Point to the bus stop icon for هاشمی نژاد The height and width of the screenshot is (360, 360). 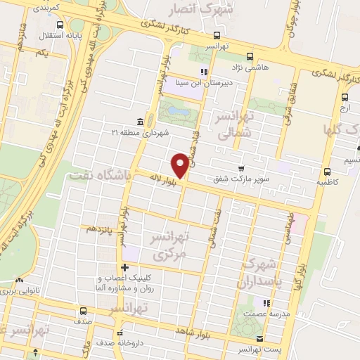248,57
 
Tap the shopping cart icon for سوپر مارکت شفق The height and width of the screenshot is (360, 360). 240,169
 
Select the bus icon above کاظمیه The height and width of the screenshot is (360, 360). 327,171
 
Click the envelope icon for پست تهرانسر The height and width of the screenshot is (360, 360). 260,339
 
